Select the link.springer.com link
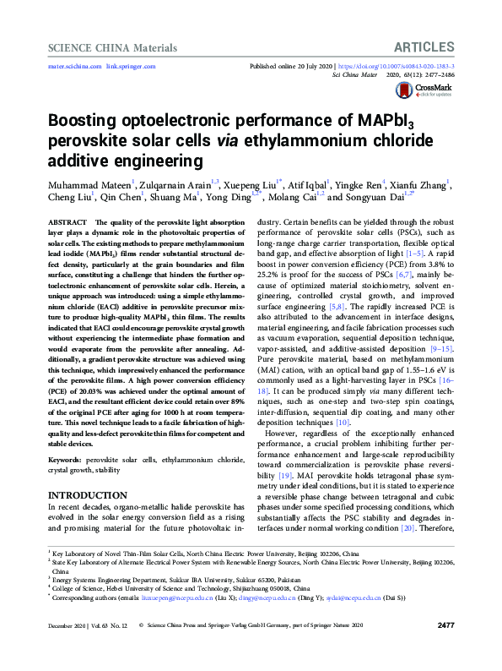coord(131,66)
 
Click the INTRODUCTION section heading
coord(88,494)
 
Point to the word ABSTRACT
coord(71,220)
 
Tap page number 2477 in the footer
coord(446,649)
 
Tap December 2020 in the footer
coord(68,649)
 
